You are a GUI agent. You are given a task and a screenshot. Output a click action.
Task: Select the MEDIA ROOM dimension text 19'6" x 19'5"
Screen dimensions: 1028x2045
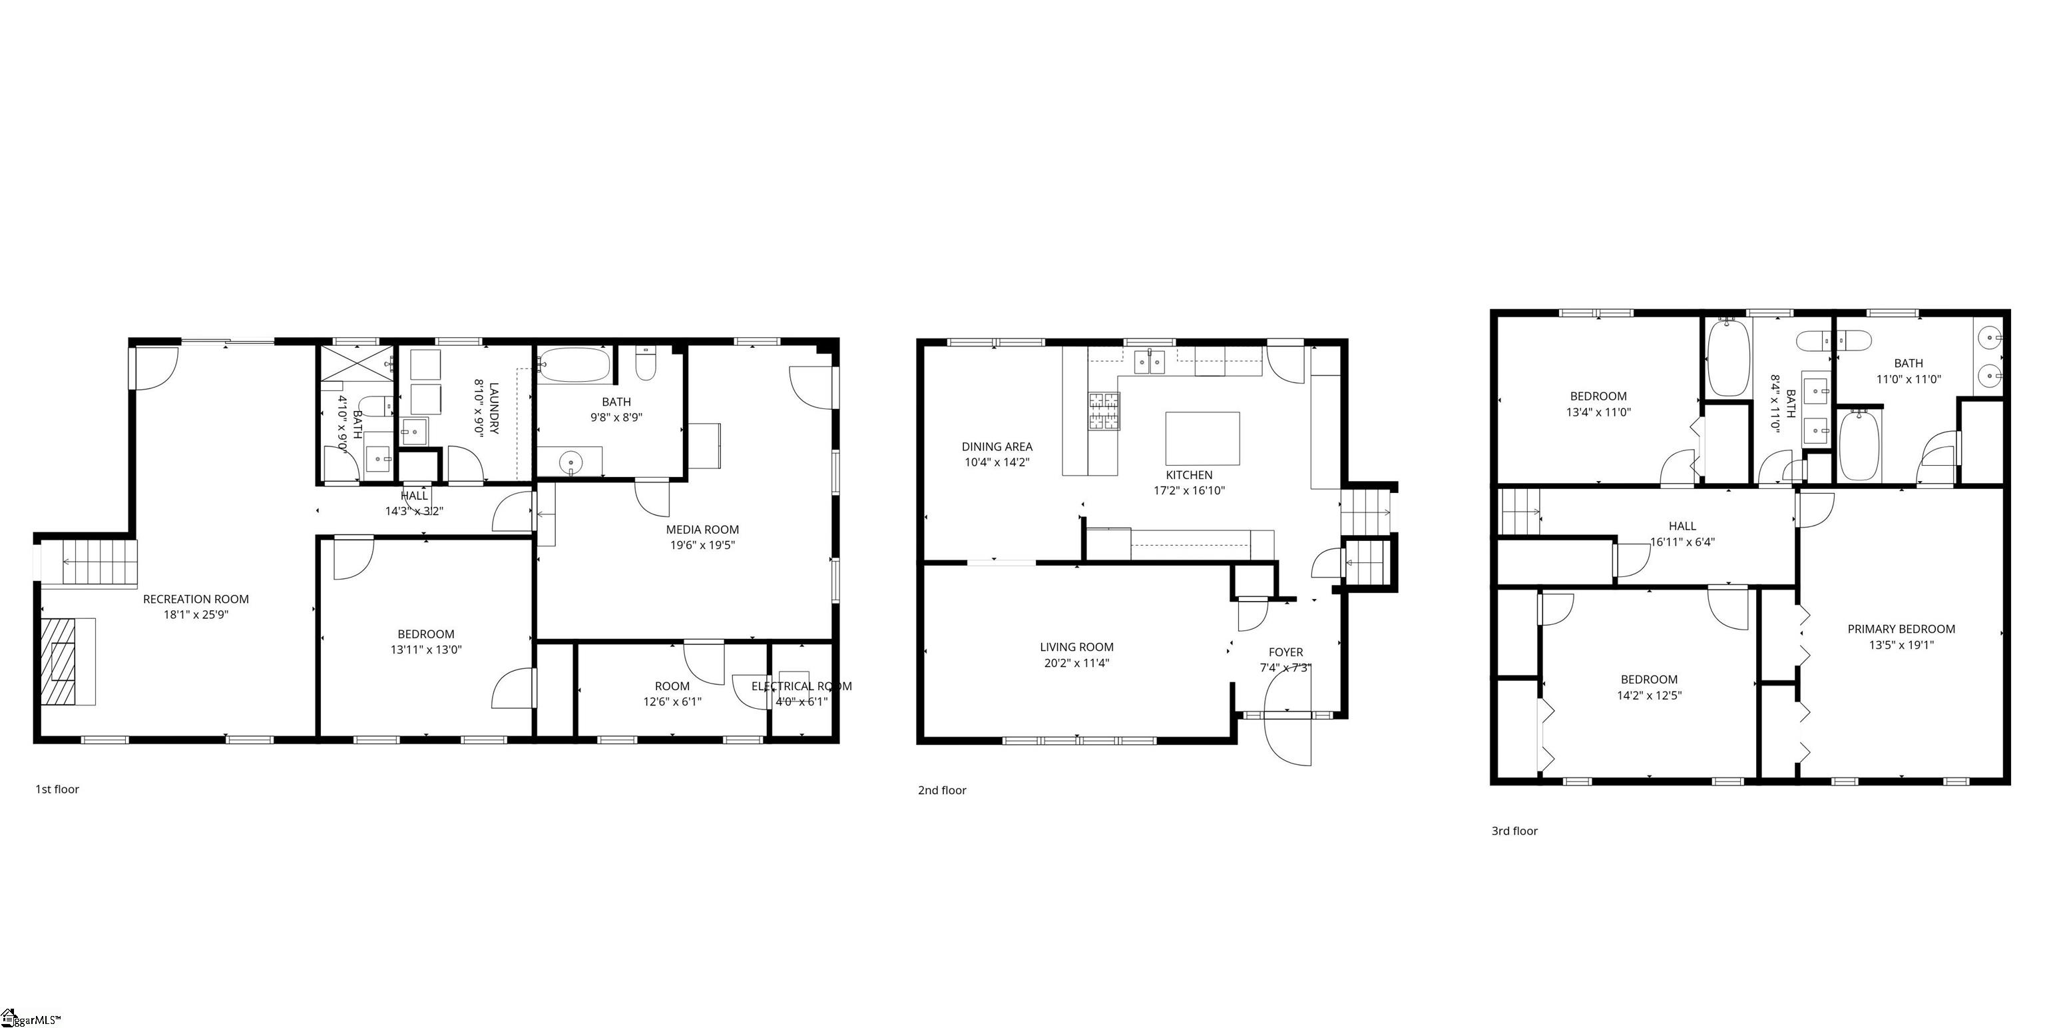(702, 545)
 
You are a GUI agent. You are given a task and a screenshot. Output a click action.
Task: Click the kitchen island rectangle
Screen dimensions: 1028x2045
(1202, 438)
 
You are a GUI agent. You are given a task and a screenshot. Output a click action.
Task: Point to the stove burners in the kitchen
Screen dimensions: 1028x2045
(1104, 410)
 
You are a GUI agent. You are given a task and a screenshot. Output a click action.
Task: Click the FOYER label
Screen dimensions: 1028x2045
(1285, 652)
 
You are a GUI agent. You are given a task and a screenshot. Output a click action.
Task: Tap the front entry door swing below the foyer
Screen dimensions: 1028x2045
(1287, 739)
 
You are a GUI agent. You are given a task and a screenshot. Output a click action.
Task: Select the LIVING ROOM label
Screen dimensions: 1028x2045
(1076, 647)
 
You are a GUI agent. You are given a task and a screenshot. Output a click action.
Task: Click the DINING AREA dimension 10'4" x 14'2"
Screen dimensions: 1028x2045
(997, 462)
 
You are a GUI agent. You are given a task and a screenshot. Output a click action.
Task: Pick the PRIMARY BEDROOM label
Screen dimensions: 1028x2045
(1901, 628)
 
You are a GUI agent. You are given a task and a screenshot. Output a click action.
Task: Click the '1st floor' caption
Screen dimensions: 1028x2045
(57, 789)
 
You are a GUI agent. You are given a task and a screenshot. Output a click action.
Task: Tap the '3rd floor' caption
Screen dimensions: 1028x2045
(1514, 831)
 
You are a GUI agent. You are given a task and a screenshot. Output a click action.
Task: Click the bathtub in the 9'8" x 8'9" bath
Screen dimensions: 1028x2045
(574, 366)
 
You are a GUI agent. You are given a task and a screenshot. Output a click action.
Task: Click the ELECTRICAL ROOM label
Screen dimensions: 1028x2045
(801, 686)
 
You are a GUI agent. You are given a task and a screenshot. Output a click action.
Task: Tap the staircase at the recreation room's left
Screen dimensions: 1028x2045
(89, 562)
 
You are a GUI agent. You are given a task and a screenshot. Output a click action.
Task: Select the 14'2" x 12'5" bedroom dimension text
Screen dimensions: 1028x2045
(1649, 695)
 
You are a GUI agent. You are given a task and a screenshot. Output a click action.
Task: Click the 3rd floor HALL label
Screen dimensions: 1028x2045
(1682, 526)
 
